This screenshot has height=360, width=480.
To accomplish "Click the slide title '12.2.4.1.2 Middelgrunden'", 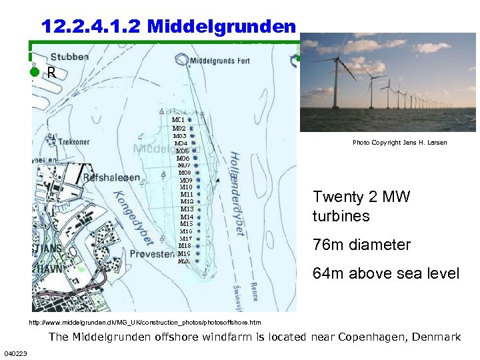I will coord(168,26).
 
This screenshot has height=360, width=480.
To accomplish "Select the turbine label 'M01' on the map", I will coord(178,120).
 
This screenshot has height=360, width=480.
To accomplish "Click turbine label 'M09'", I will coord(186,180).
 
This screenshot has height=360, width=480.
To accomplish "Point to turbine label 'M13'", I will coord(187,209).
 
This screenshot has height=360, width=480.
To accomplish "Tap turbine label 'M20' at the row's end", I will coord(184,261).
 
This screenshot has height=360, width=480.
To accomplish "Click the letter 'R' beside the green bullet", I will coord(51,73).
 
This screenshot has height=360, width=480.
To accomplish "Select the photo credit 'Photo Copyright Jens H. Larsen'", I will coord(399,143).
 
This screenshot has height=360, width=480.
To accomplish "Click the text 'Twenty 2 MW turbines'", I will coord(361,207).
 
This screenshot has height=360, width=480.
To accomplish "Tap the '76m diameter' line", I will coord(361,245).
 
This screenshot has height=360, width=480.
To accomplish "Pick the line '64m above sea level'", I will coord(385,273).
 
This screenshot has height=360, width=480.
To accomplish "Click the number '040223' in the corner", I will coord(15,353).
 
